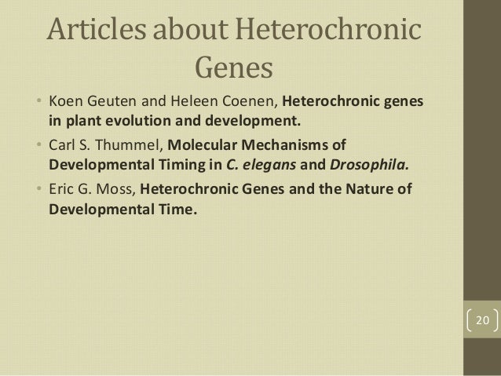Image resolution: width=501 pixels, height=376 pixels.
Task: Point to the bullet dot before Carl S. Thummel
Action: [38, 146]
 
